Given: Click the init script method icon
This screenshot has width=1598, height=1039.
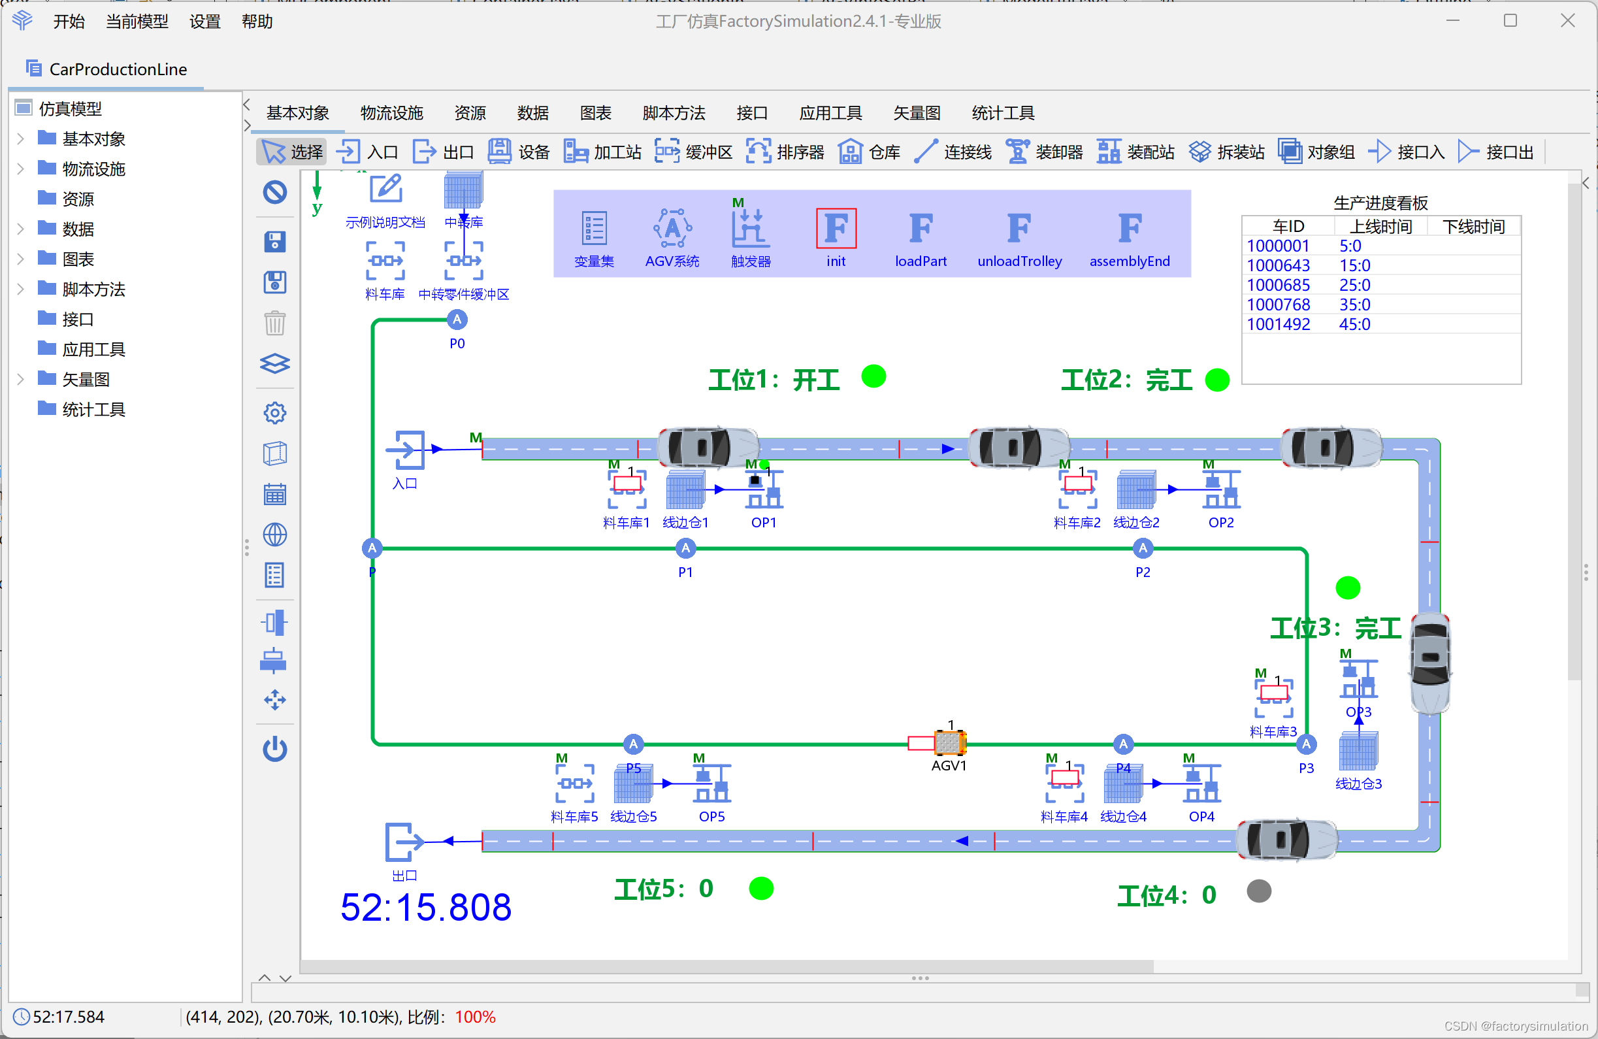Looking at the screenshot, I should pyautogui.click(x=836, y=229).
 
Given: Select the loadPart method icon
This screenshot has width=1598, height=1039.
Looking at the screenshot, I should pyautogui.click(x=921, y=229).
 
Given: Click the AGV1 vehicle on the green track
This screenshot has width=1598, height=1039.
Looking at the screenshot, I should pyautogui.click(x=949, y=742).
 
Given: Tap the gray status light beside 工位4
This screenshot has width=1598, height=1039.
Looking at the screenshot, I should pyautogui.click(x=1258, y=891).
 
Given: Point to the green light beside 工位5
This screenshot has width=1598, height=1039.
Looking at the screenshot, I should pyautogui.click(x=760, y=888).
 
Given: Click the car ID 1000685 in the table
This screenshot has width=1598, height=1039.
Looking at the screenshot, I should pyautogui.click(x=1278, y=285).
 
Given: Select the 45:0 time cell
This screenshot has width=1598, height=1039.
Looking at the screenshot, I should pyautogui.click(x=1354, y=324).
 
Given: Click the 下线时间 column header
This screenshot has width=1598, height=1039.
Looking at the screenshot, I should pyautogui.click(x=1473, y=226).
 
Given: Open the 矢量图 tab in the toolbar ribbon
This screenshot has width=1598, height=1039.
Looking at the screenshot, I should pyautogui.click(x=917, y=113).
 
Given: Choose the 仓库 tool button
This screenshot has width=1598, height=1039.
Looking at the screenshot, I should pyautogui.click(x=870, y=152).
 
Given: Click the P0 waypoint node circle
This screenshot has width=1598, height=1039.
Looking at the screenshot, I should pyautogui.click(x=457, y=320).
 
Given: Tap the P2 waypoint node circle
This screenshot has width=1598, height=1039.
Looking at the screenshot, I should pyautogui.click(x=1143, y=549).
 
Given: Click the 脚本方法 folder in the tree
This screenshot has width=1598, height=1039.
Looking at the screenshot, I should pyautogui.click(x=93, y=289).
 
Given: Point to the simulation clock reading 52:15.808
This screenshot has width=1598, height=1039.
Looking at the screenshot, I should pyautogui.click(x=426, y=908).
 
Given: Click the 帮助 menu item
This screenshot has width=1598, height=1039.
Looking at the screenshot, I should pyautogui.click(x=257, y=22).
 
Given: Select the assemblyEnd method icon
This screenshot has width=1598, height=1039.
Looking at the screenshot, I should pyautogui.click(x=1130, y=229).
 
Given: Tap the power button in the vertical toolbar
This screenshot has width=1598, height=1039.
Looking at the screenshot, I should pyautogui.click(x=274, y=749).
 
